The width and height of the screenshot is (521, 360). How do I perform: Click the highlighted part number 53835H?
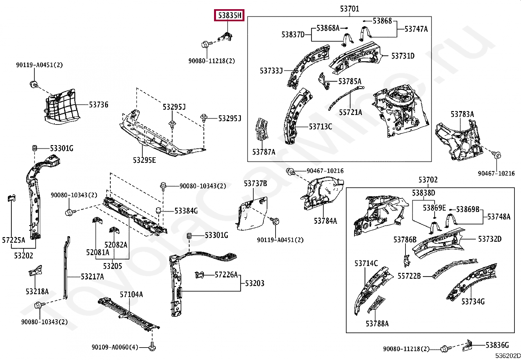(x=229, y=15)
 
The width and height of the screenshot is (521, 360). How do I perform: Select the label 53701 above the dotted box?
(x=349, y=9)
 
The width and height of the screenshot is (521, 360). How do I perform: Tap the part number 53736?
(x=99, y=105)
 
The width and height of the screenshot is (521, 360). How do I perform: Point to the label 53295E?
(x=144, y=160)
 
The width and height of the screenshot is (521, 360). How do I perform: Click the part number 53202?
(x=24, y=256)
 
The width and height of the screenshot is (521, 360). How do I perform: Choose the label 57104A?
(x=131, y=294)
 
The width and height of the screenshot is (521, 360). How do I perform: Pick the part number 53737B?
(x=255, y=184)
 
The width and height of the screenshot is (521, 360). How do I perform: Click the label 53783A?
(x=462, y=114)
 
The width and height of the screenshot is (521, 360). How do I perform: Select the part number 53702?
(x=428, y=180)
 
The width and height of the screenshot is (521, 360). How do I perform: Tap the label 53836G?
(x=497, y=345)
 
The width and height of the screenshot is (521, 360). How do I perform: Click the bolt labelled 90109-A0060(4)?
(x=152, y=346)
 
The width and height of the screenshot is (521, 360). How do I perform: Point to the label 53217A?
(x=92, y=277)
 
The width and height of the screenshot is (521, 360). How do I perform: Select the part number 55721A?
(x=350, y=112)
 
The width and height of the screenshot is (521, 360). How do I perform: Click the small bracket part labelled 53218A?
(x=35, y=271)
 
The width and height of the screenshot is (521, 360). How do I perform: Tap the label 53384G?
(x=186, y=211)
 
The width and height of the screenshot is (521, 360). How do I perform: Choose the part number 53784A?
(x=325, y=221)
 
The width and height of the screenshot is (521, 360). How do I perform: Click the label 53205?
(x=113, y=266)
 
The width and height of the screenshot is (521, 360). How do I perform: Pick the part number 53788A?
(x=377, y=324)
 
